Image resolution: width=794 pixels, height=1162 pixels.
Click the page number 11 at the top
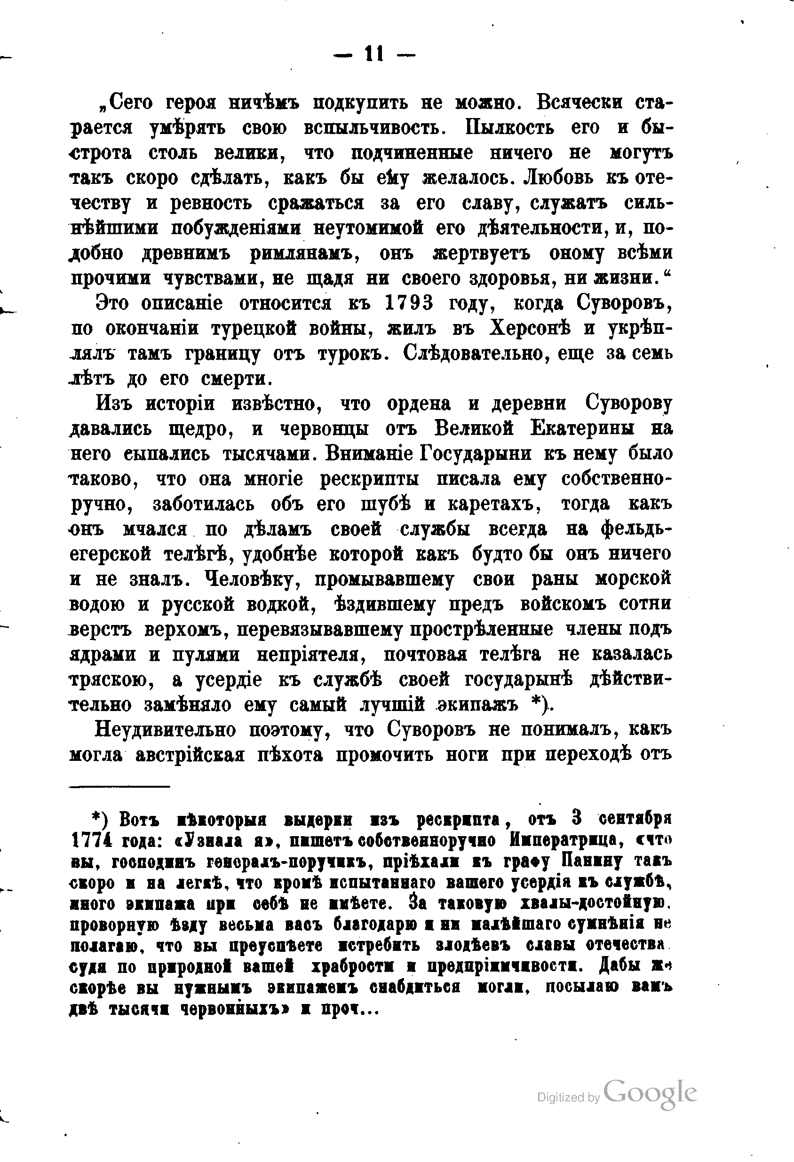pyautogui.click(x=374, y=54)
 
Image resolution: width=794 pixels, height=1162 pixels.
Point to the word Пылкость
pyautogui.click(x=509, y=128)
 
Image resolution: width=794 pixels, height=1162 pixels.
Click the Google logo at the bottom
pyautogui.click(x=650, y=1092)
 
